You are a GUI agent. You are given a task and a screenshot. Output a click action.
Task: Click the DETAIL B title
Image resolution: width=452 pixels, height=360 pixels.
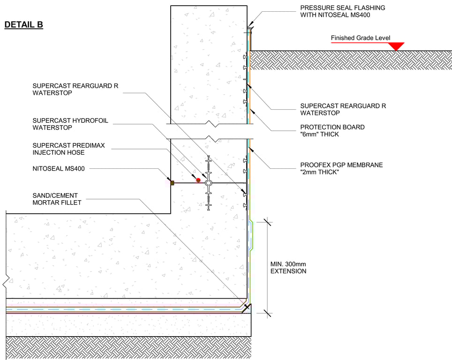coord(23,25)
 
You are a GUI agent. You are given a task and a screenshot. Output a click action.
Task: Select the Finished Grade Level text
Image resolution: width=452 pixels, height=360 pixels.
coord(360,38)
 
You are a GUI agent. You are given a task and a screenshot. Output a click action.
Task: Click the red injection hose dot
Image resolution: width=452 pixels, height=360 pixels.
coord(198,180)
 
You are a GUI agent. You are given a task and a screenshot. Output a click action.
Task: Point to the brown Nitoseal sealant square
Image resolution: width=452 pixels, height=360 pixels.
coord(173,183)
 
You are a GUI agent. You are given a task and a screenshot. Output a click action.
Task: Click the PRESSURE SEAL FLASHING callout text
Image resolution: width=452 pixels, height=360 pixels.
coord(343,11)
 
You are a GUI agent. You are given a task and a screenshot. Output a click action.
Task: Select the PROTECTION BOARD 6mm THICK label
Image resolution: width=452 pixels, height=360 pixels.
coord(332,131)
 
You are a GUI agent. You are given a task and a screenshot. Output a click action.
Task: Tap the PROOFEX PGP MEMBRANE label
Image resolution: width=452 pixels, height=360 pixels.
coord(342,169)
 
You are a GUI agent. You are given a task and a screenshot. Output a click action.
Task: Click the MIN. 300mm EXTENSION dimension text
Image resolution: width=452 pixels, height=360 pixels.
coord(288,268)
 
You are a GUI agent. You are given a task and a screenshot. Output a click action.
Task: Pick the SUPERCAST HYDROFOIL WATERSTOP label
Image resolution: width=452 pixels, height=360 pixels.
coord(70,124)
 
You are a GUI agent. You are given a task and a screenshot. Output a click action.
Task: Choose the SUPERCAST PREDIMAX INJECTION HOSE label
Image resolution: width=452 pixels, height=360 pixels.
coord(68,149)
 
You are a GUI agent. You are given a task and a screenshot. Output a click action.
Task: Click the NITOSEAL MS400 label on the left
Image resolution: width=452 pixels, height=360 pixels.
coord(59,169)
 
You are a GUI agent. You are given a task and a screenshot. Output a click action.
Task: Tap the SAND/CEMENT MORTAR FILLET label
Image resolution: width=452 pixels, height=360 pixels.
coord(57,199)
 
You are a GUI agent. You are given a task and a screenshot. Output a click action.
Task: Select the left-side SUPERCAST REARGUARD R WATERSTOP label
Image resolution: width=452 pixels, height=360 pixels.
coord(75,90)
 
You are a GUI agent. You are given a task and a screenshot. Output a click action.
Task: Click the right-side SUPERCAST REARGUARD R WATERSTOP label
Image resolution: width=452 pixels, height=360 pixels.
coord(343,110)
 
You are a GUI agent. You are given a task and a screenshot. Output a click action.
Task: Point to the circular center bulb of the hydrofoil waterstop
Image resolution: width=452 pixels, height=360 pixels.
coord(208,183)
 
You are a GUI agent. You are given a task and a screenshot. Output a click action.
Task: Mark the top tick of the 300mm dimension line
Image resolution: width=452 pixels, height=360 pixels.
coord(268,222)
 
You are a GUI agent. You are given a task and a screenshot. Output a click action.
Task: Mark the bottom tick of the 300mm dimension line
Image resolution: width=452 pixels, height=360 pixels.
coord(268,313)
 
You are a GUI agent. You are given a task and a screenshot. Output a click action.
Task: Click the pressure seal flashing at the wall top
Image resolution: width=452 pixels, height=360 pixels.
coord(249,28)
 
